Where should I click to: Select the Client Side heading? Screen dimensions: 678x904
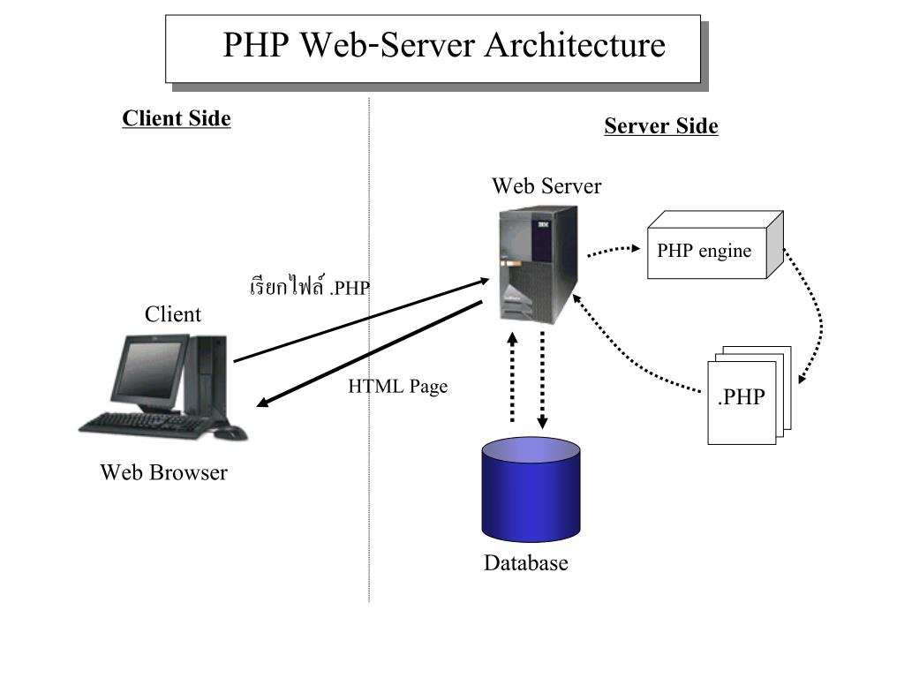pyautogui.click(x=177, y=118)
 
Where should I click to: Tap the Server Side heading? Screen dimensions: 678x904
pyautogui.click(x=660, y=126)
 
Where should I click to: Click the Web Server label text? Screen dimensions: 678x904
pyautogui.click(x=546, y=186)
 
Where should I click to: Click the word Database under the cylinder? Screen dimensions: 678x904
pyautogui.click(x=525, y=563)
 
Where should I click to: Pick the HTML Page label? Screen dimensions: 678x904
pyautogui.click(x=397, y=386)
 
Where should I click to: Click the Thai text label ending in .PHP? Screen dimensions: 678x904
pyautogui.click(x=309, y=287)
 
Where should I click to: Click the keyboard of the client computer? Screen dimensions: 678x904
pyautogui.click(x=146, y=423)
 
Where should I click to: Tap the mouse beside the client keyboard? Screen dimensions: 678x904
pyautogui.click(x=229, y=433)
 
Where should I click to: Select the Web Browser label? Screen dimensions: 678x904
pyautogui.click(x=163, y=472)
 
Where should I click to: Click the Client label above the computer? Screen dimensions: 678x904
pyautogui.click(x=173, y=314)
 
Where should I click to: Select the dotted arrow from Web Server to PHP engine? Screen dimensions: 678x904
pyautogui.click(x=613, y=252)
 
